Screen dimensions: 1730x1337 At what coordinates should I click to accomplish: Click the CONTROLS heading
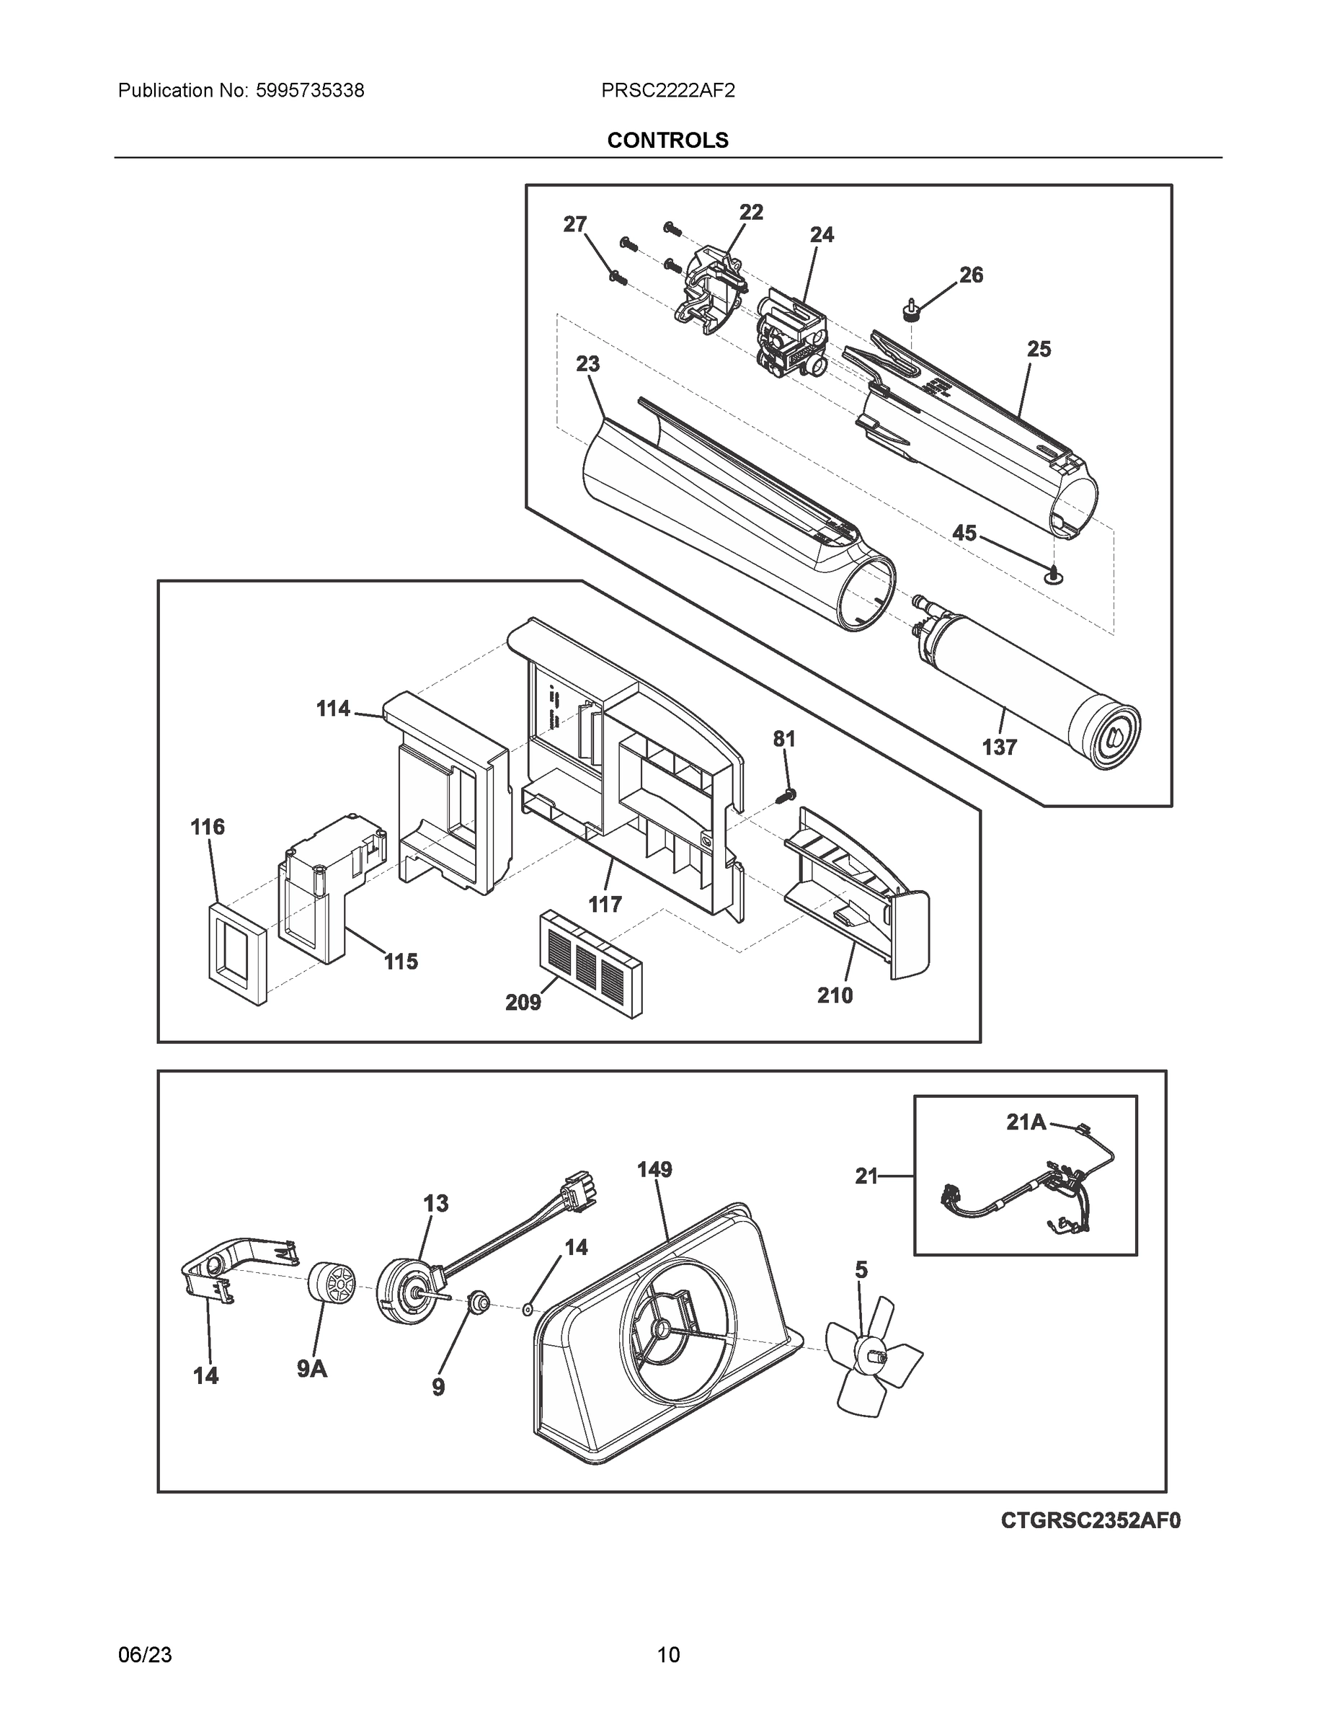pyautogui.click(x=667, y=141)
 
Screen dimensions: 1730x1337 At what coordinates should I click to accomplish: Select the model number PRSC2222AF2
pyautogui.click(x=667, y=91)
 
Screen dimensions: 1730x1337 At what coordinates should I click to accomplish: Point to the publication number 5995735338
pyautogui.click(x=310, y=91)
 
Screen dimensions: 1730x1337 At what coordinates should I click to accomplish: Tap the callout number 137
pyautogui.click(x=999, y=747)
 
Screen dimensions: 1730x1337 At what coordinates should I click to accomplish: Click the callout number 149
pyautogui.click(x=654, y=1169)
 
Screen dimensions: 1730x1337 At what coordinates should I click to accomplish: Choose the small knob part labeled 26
pyautogui.click(x=912, y=310)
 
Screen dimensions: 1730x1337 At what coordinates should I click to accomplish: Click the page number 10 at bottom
pyautogui.click(x=667, y=1655)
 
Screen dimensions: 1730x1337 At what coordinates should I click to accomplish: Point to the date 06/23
pyautogui.click(x=145, y=1655)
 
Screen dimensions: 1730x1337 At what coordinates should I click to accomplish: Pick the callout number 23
pyautogui.click(x=587, y=364)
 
